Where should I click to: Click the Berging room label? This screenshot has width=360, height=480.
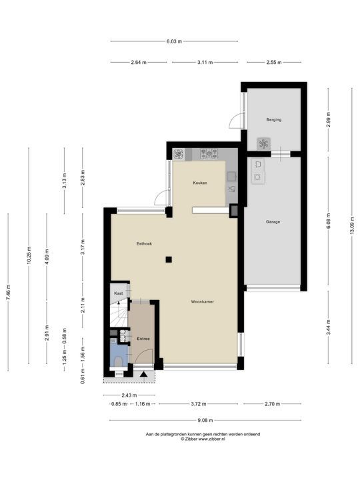coord(274,120)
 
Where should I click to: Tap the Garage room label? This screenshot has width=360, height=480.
coord(273,221)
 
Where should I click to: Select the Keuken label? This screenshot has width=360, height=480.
coord(200,183)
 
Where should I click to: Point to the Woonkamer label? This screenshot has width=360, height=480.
coord(203,301)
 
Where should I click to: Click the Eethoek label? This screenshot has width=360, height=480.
coord(144,244)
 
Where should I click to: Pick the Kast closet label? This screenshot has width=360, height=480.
coord(119,293)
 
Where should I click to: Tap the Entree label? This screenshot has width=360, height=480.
coord(143,339)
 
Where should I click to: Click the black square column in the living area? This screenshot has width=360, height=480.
coord(169,259)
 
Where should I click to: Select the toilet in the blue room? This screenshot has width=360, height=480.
coord(118,361)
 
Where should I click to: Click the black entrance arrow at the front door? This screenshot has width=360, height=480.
coord(143,375)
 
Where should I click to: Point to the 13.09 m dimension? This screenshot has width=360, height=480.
coord(352,225)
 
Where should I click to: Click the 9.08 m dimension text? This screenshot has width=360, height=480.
coord(205,420)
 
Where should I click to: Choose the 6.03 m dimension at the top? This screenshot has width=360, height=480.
coord(174,41)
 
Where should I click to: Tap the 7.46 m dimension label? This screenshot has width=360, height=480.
coord(8,293)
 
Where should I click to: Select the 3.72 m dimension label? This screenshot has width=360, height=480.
coord(199,404)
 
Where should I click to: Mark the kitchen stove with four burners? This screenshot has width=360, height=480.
coord(209,154)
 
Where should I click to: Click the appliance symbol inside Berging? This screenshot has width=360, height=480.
coord(263,143)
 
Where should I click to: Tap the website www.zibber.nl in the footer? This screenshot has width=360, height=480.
coord(211,439)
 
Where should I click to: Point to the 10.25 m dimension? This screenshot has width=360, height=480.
coord(29,255)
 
